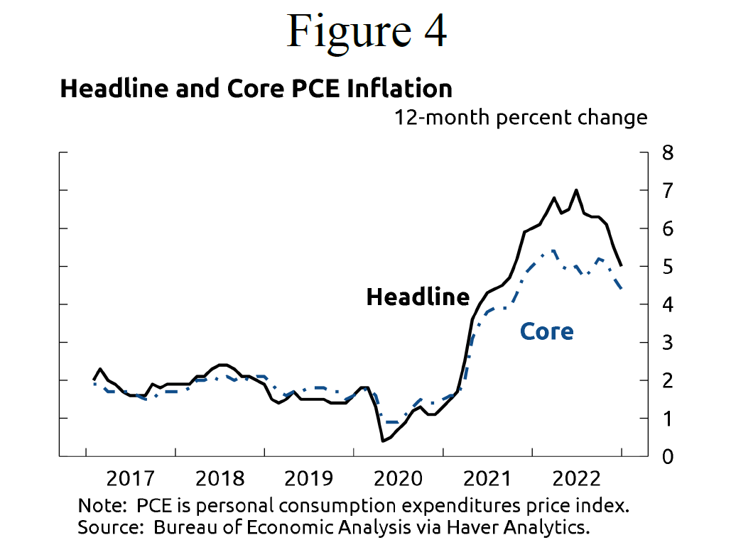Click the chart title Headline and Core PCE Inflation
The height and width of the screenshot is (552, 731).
click(256, 89)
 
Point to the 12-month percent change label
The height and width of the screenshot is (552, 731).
click(521, 117)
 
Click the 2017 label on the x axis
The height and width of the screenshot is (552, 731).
click(130, 479)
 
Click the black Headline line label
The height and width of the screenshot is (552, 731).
click(418, 297)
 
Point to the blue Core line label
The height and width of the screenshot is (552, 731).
click(546, 331)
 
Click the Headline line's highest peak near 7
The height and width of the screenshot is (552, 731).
click(576, 190)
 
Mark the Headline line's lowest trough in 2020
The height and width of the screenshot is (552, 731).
click(383, 441)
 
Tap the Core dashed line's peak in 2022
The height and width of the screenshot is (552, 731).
click(553, 250)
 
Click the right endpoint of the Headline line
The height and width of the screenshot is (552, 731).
click(622, 266)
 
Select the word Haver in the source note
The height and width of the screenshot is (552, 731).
click(492, 527)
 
